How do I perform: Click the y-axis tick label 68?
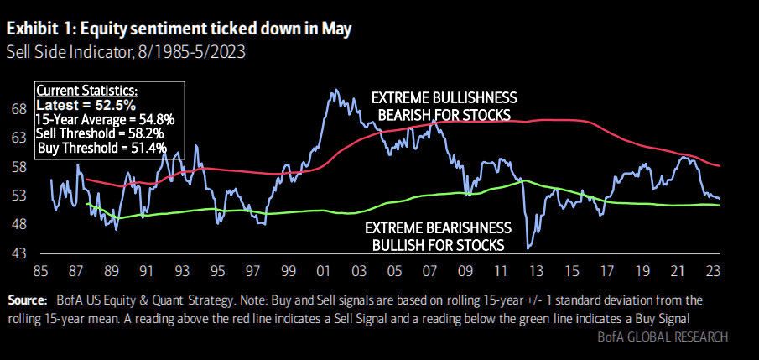pyautogui.click(x=18, y=108)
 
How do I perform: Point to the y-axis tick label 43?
pyautogui.click(x=18, y=253)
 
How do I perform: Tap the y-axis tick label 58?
pyautogui.click(x=18, y=167)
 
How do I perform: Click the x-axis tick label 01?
pyautogui.click(x=322, y=271)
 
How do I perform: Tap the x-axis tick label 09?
pyautogui.click(x=464, y=271)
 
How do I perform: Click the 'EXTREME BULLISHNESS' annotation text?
pyautogui.click(x=444, y=97)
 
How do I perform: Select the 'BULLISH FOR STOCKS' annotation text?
pyautogui.click(x=438, y=245)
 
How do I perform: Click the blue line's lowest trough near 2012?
pyautogui.click(x=528, y=248)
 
